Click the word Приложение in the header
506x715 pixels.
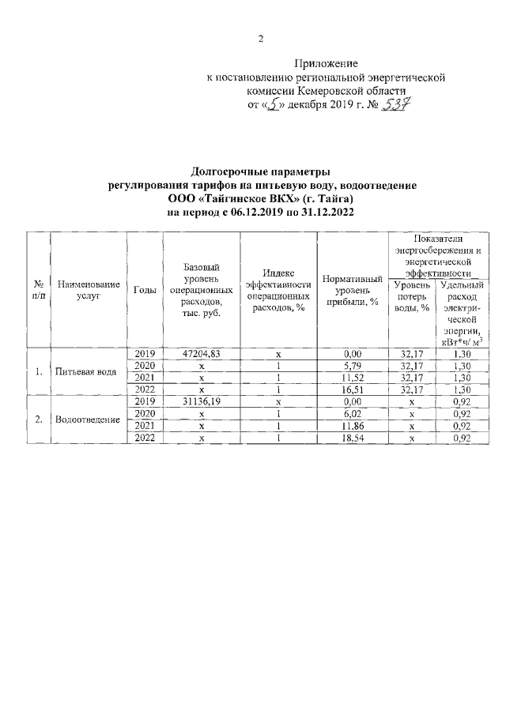pos(327,63)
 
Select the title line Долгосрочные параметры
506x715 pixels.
pos(260,171)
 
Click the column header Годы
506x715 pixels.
pos(145,289)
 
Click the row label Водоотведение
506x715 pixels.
pos(88,419)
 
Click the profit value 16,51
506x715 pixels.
pos(353,389)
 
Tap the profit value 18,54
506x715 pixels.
pos(353,437)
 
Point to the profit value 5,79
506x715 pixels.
pos(353,366)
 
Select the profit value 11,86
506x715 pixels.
pos(353,425)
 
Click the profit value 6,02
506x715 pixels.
pos(353,413)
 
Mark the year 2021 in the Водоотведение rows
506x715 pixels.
pos(145,425)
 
